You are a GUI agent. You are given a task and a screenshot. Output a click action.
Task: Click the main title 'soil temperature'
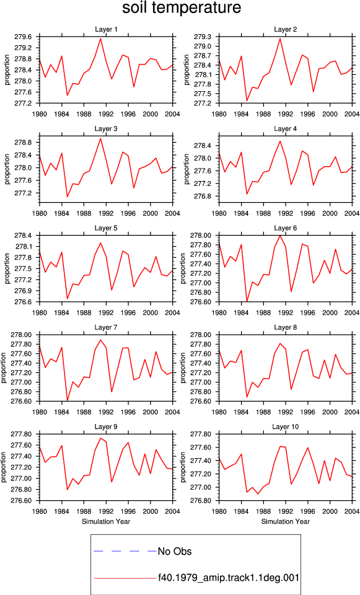point(182,7)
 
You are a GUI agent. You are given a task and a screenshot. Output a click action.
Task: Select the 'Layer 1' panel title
point(106,30)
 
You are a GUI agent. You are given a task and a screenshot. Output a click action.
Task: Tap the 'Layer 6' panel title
point(285,228)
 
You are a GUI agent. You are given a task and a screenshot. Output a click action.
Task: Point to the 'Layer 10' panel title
point(285,427)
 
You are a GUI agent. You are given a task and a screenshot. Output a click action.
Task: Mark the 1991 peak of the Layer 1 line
point(100,38)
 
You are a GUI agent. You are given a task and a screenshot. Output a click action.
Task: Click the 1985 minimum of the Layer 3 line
point(68,196)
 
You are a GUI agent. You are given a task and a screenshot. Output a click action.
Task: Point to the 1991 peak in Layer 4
point(280,141)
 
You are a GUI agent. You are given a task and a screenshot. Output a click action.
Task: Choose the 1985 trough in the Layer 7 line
point(68,400)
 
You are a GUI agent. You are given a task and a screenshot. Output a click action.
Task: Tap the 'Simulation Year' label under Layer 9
point(106,522)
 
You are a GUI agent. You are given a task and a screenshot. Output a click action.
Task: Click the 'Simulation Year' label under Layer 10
point(285,522)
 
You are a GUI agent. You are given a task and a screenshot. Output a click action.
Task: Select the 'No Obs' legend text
point(175,552)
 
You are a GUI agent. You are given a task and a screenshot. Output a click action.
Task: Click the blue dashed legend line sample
point(125,551)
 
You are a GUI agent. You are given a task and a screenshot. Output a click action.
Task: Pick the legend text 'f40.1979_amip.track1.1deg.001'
point(229,578)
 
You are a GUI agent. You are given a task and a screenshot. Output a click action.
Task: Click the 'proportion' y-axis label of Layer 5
point(7,268)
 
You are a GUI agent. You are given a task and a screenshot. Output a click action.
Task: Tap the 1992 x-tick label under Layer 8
point(285,412)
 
